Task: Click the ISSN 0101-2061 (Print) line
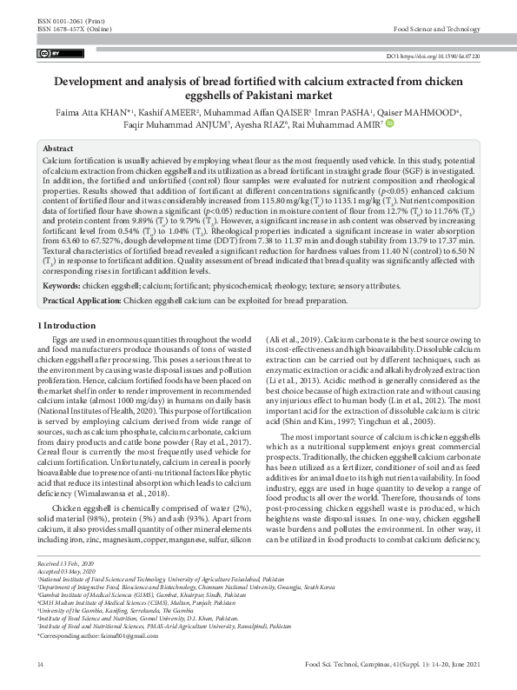[64, 20]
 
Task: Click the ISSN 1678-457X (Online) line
[68, 29]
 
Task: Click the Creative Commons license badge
[47, 54]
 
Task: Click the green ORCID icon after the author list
[389, 123]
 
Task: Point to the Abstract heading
[58, 149]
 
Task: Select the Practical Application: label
[82, 275]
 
